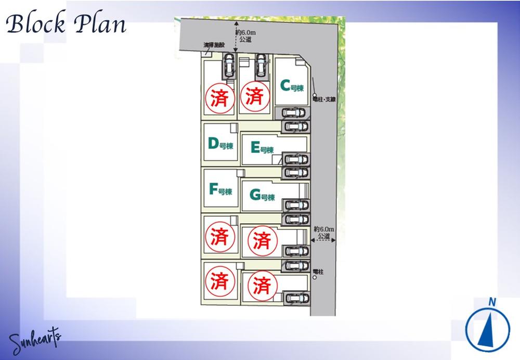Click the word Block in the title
pos(35,24)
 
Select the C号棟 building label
pos(292,86)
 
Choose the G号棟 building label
pos(262,196)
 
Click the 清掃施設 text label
pos(214,46)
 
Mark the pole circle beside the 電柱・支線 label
pos(315,95)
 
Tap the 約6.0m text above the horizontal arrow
pos(323,229)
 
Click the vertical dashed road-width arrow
pos(236,36)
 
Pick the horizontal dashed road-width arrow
pos(323,240)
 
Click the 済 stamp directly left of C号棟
pos(254,96)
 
